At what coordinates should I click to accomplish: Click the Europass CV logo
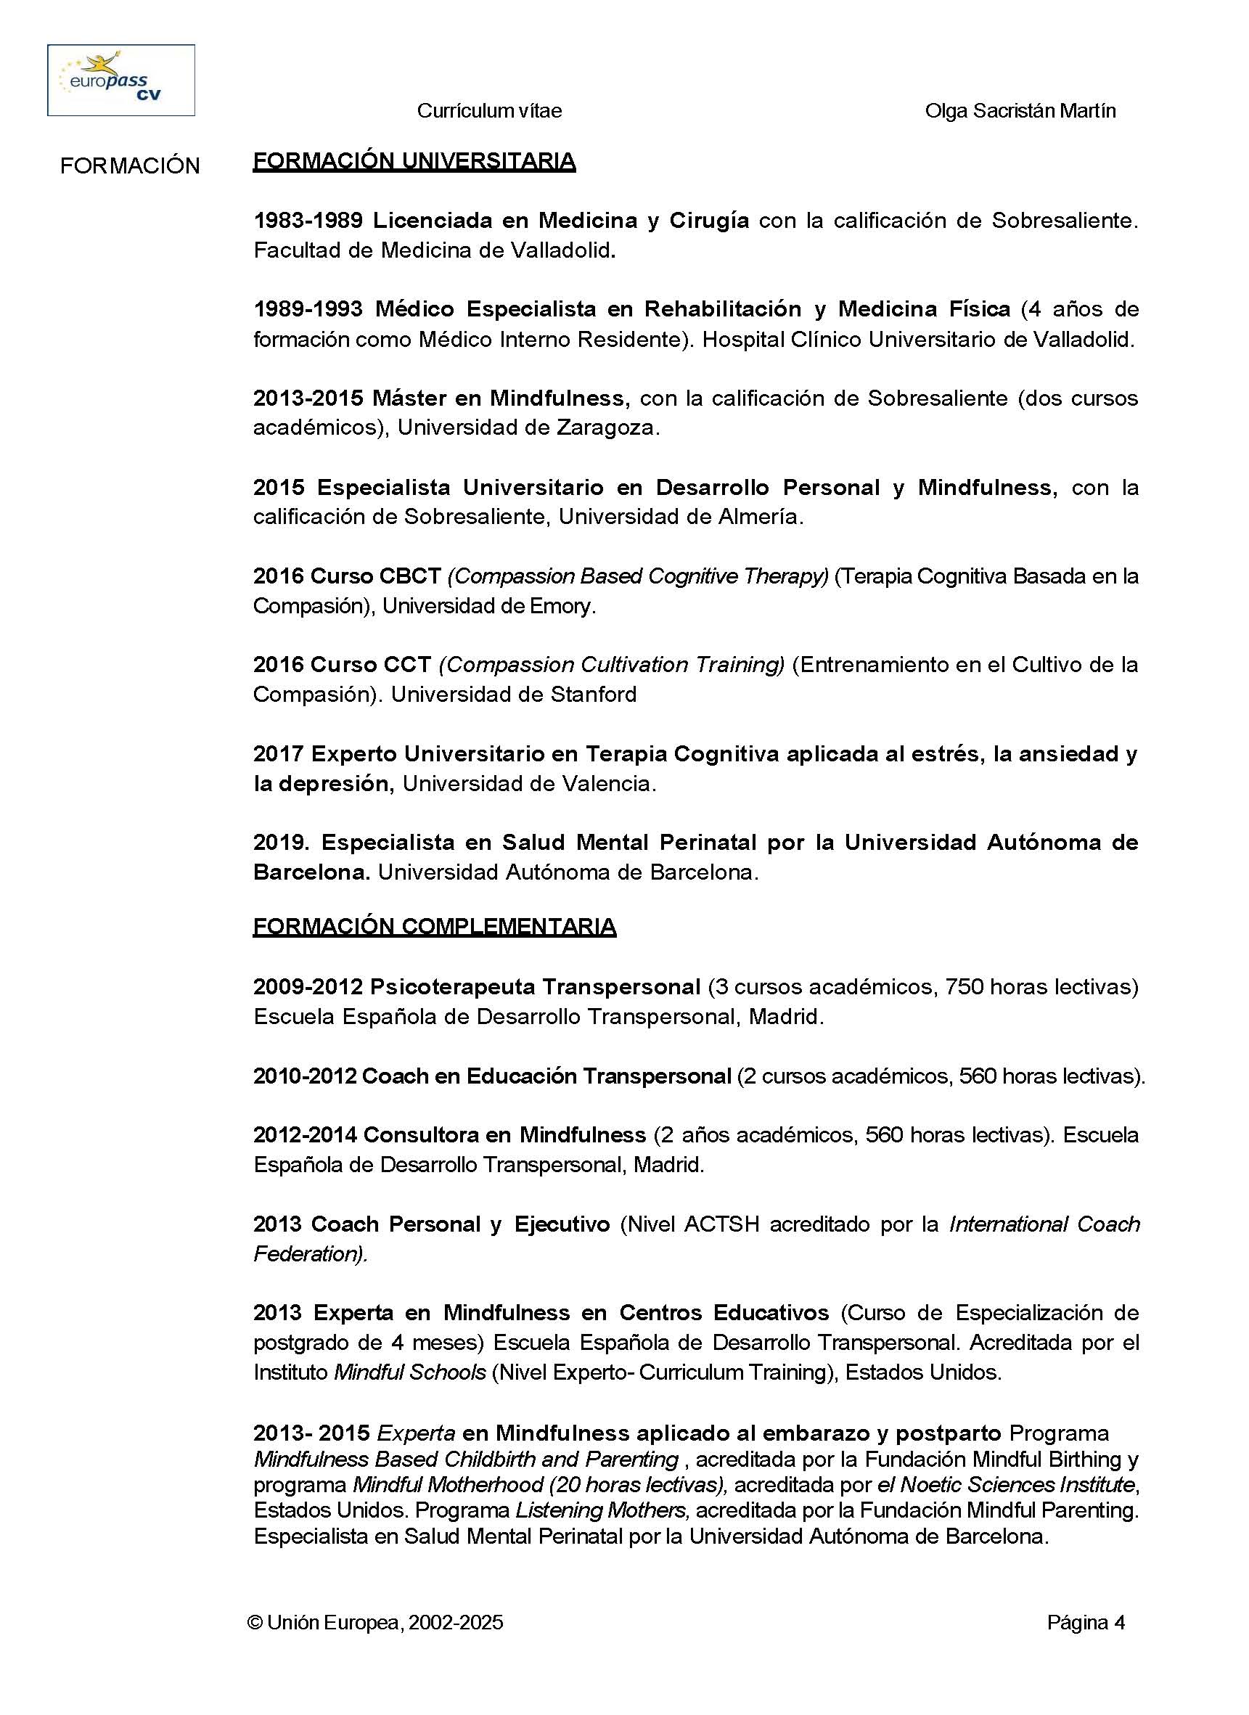(x=121, y=80)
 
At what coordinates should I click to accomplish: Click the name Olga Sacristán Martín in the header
(x=1020, y=111)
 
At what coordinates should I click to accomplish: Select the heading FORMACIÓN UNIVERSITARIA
(x=414, y=161)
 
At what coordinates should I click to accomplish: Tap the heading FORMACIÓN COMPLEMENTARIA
(x=434, y=926)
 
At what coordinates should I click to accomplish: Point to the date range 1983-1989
(x=308, y=221)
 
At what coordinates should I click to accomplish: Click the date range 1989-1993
(x=308, y=309)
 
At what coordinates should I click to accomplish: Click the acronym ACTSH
(x=721, y=1224)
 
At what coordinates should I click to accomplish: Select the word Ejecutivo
(x=562, y=1224)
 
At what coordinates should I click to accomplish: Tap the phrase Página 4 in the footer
(x=1086, y=1623)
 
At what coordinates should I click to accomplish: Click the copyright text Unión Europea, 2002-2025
(x=375, y=1623)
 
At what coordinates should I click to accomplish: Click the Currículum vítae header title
(x=489, y=111)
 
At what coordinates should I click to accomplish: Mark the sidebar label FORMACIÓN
(x=130, y=166)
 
